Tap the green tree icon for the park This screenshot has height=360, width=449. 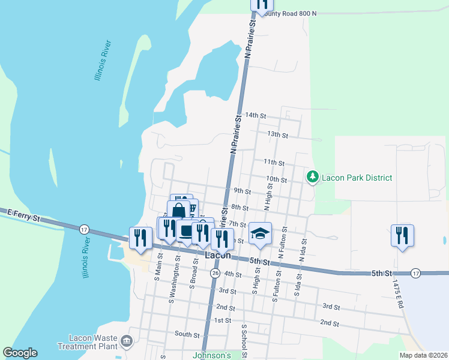coord(312,177)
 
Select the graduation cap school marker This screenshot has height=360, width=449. coord(261,234)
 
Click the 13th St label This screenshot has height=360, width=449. coord(277,134)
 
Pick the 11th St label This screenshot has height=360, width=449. coord(274,162)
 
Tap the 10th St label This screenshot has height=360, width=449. coord(276,179)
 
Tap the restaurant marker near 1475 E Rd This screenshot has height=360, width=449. coord(402,235)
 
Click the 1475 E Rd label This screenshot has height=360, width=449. coord(397,293)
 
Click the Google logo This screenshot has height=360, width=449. coord(20,353)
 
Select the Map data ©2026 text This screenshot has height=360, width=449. coord(423,355)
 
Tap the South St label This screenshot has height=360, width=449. coord(187,334)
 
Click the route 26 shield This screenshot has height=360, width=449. coord(215,273)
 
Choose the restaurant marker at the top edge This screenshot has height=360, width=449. coord(262,4)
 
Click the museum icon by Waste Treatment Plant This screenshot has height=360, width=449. coord(127,341)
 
